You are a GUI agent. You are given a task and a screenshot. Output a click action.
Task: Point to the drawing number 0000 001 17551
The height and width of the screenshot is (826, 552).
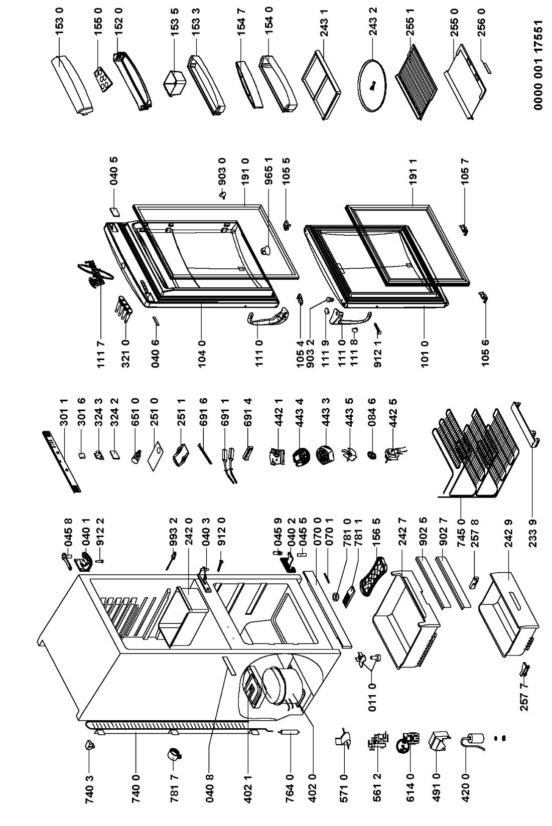(x=538, y=65)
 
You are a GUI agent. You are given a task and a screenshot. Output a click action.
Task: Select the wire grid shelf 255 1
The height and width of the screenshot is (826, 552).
(x=416, y=81)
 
